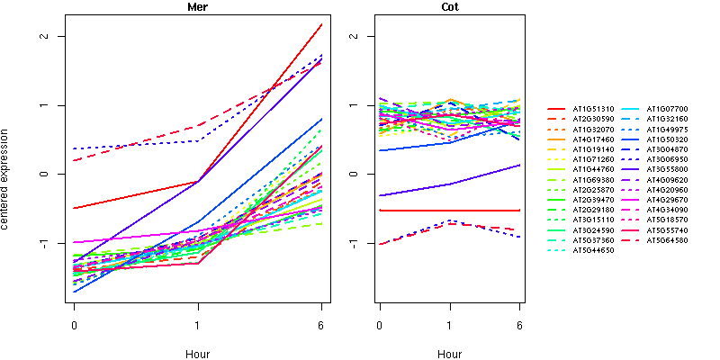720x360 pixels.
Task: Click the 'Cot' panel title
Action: [x=449, y=7]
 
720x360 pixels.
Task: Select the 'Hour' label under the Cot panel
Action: [x=449, y=354]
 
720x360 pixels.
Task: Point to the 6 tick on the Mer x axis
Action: [x=321, y=324]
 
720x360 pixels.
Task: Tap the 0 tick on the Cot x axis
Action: [x=380, y=324]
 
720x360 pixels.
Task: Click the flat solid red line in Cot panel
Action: [x=450, y=211]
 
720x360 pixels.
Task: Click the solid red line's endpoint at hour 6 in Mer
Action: [x=321, y=25]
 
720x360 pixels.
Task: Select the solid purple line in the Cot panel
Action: [x=450, y=184]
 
